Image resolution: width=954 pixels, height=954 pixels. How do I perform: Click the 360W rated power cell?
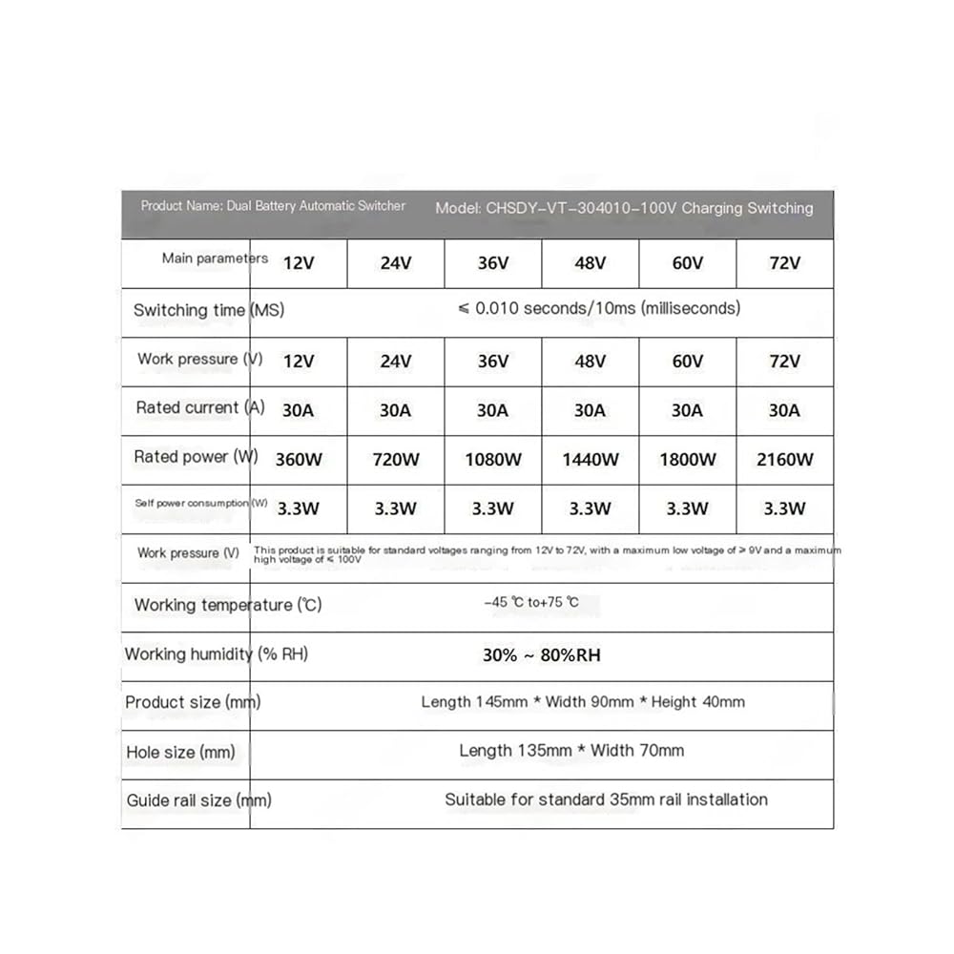[x=299, y=460]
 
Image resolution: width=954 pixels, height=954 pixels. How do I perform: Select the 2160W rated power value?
[x=784, y=460]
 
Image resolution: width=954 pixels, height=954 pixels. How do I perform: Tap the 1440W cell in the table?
[x=590, y=460]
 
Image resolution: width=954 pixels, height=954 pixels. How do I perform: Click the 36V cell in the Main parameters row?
[x=492, y=263]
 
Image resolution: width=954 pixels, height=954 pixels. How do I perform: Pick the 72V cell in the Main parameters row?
[x=784, y=263]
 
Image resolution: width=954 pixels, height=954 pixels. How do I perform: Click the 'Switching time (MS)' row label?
[x=209, y=310]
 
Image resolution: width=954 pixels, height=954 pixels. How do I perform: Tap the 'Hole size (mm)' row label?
[x=180, y=753]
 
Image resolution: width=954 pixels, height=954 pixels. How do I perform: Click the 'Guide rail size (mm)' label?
[x=198, y=801]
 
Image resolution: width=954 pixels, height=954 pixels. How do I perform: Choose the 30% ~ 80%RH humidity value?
[x=542, y=655]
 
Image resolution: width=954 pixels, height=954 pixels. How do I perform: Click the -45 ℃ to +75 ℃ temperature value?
[x=531, y=603]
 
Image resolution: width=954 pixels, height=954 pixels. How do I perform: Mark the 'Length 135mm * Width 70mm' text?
[x=571, y=751]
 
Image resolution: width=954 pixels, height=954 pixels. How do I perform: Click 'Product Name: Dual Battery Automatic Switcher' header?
[x=273, y=206]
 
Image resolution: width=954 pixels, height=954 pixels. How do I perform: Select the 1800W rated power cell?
[x=687, y=460]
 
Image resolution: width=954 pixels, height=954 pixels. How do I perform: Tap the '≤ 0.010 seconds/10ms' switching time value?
[x=599, y=308]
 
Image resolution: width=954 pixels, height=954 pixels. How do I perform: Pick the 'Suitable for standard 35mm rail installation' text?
[x=606, y=799]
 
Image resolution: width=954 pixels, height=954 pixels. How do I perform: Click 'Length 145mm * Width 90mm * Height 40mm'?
[x=583, y=702]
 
